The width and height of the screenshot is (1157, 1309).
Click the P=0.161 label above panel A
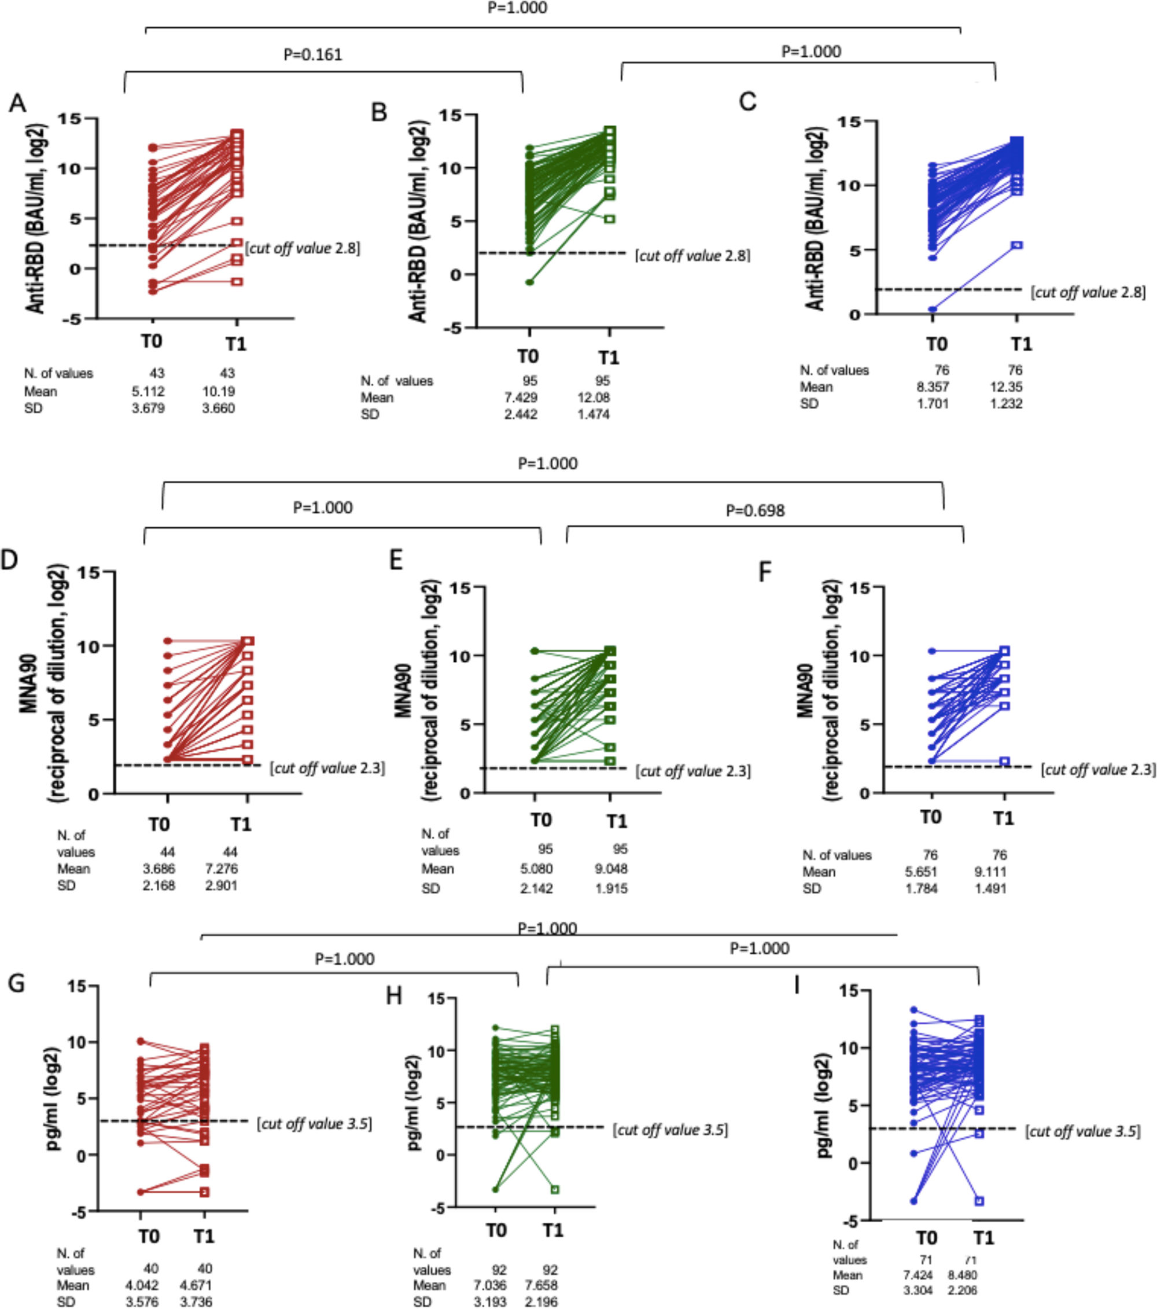(x=312, y=54)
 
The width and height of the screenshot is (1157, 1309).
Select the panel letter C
(x=747, y=102)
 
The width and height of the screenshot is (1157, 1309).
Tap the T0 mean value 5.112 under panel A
(x=149, y=391)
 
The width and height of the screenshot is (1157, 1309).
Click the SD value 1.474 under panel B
(x=594, y=414)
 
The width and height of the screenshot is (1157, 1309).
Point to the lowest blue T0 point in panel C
(x=933, y=310)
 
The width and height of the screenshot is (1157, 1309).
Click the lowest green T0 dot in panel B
(x=529, y=282)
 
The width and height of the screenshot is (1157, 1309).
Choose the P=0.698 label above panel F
(x=755, y=510)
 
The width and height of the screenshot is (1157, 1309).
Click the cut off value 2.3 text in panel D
(x=327, y=768)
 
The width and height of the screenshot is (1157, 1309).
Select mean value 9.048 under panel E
(x=611, y=869)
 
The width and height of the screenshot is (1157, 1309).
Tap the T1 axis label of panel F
(x=1003, y=818)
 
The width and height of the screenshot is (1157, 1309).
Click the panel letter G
(x=16, y=983)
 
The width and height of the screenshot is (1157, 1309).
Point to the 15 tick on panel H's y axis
(x=437, y=998)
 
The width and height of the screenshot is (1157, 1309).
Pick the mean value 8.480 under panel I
(x=963, y=1274)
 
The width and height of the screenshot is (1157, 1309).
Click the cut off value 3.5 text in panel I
(x=1083, y=1131)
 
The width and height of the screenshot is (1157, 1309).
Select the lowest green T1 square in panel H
(x=555, y=1189)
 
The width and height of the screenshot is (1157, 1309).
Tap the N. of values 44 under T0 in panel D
(x=168, y=852)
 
